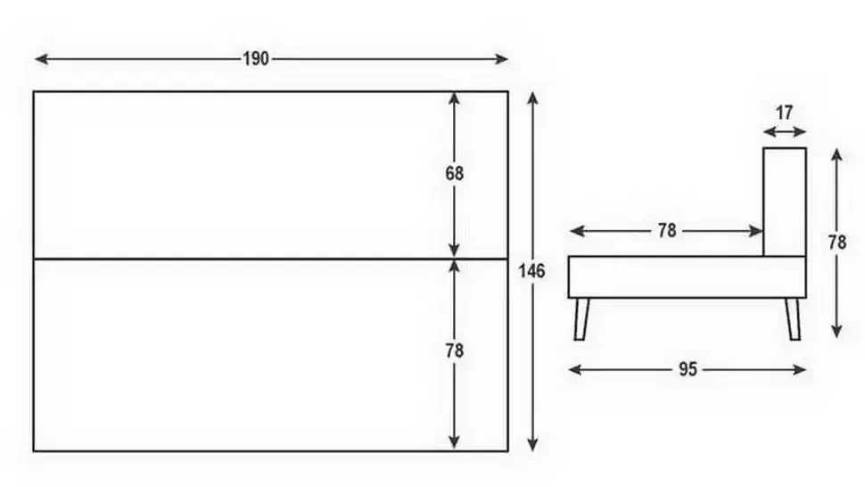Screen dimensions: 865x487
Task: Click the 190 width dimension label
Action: coord(256,59)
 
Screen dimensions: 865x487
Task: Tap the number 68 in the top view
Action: coord(455,174)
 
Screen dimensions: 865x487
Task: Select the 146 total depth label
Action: coord(531,271)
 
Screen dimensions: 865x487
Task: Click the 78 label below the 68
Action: coord(455,351)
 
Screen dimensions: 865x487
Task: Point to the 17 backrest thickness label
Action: coord(784,112)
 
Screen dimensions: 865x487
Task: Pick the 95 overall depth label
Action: coord(688,369)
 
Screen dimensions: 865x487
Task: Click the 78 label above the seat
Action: coord(667,230)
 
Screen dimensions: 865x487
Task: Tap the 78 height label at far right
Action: coord(836,242)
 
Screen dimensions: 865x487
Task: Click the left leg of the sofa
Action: coord(581,319)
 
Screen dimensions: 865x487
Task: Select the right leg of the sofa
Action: coord(793,319)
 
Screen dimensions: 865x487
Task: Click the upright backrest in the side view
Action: coord(785,202)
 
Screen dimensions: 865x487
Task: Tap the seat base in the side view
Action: coord(688,277)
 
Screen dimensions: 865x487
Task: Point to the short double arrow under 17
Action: coord(785,132)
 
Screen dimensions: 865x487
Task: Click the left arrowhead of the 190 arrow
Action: coord(41,59)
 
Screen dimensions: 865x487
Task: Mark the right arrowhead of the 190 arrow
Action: coord(501,59)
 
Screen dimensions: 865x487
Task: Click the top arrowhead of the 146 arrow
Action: coord(532,99)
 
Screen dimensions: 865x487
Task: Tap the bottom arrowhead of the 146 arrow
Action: coord(532,444)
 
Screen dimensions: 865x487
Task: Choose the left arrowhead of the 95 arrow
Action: coord(575,369)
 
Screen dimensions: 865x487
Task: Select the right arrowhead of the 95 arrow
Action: coord(800,369)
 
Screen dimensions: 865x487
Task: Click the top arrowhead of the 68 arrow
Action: coord(454,99)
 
